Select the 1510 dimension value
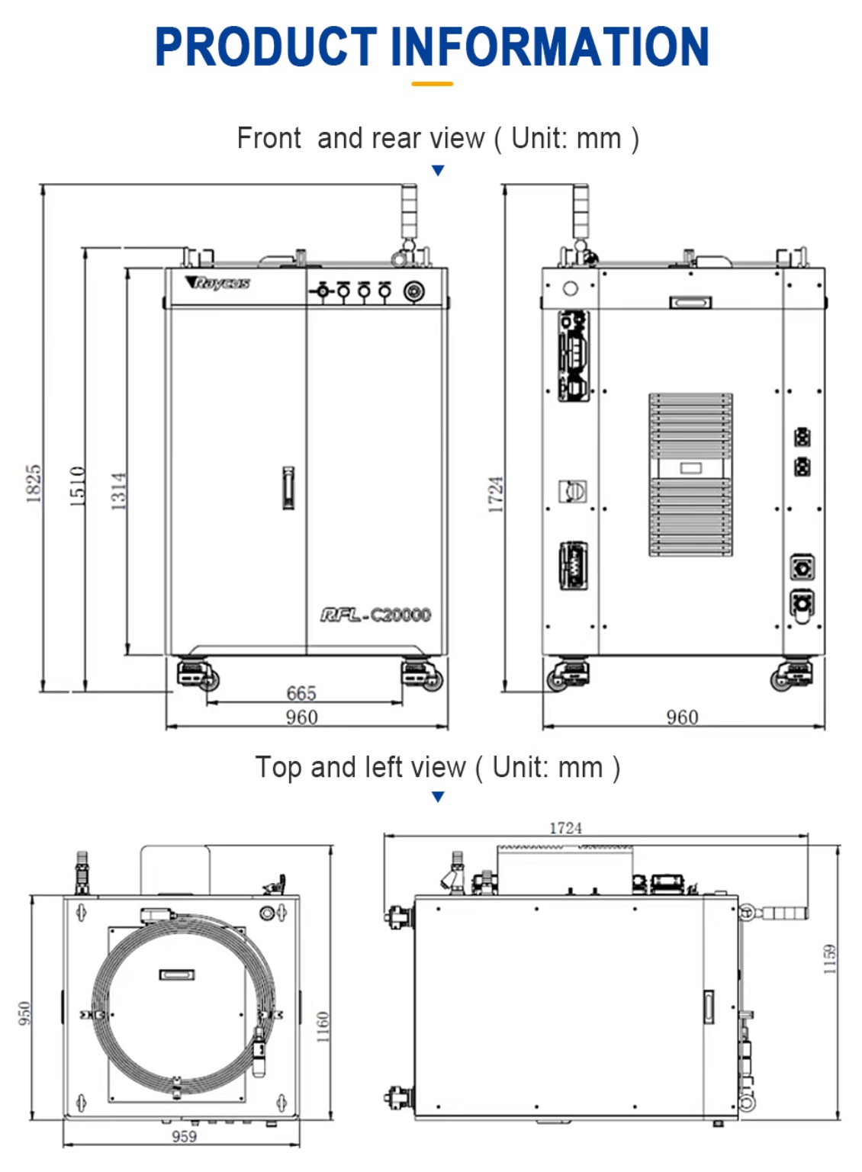pos(77,486)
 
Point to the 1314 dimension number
pos(118,491)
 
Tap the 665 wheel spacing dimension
pos(301,692)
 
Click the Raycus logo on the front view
pos(217,282)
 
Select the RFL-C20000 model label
pos(376,615)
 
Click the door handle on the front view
pos(288,488)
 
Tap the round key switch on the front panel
pos(414,291)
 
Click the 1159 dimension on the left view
pos(829,959)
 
